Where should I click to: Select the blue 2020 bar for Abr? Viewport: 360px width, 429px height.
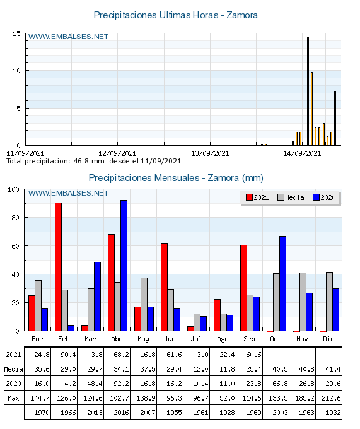point(124,265)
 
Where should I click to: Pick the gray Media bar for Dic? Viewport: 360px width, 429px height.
point(329,302)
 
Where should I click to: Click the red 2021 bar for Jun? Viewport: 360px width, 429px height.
point(164,286)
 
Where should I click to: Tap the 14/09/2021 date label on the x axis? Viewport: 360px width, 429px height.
point(302,153)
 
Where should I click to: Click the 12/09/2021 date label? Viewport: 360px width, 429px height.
point(117,153)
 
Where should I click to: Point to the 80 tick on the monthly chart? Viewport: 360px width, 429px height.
point(17,218)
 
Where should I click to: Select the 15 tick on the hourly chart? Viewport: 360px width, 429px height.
point(17,33)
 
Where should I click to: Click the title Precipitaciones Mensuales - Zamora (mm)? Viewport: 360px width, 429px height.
point(176,178)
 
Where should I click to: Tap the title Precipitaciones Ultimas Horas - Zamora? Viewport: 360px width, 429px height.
point(175,15)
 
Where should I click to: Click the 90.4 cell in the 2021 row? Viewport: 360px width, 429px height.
point(65,355)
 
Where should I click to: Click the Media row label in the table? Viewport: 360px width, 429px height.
point(13,369)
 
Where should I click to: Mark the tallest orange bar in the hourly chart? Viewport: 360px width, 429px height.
point(308,91)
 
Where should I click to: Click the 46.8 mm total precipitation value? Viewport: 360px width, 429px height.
point(83,161)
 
